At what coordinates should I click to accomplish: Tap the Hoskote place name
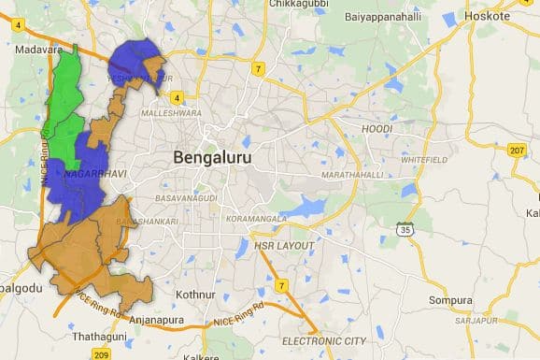[x=488, y=16]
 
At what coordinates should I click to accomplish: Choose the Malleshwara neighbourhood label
[x=171, y=113]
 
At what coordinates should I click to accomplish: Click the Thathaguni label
[x=100, y=335]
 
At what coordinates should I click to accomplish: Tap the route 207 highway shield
[x=517, y=151]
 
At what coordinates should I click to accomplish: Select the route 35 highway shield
[x=405, y=227]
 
